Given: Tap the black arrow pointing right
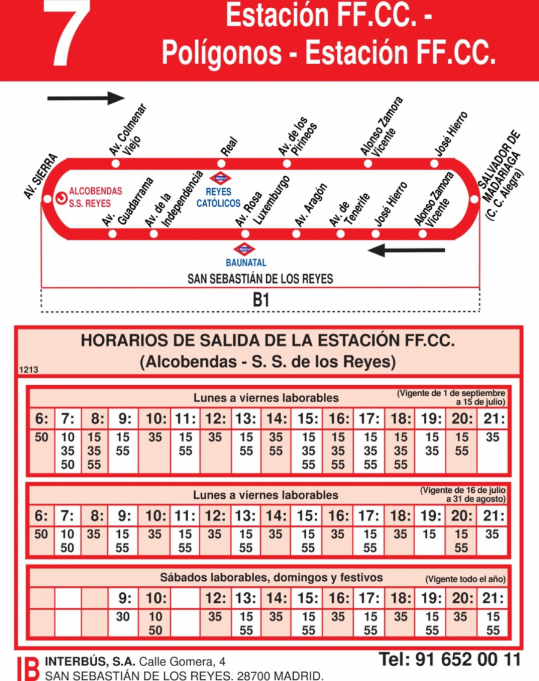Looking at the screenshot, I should point(86,98).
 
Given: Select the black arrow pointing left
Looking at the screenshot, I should point(406,250).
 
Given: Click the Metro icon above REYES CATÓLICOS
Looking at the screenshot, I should point(219,178).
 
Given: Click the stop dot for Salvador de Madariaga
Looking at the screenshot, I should point(474,199).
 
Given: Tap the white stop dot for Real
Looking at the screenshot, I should point(222,164).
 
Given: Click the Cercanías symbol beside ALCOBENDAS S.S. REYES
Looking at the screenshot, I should point(61,198).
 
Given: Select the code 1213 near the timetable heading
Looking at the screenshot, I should point(29,370).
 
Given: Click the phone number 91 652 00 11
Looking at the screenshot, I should point(450,660).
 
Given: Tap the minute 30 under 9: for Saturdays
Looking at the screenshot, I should point(123,616).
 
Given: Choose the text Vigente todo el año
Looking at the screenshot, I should point(466,580).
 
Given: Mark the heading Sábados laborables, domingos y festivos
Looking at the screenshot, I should point(271,578).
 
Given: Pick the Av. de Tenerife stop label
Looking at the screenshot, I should point(348,209).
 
